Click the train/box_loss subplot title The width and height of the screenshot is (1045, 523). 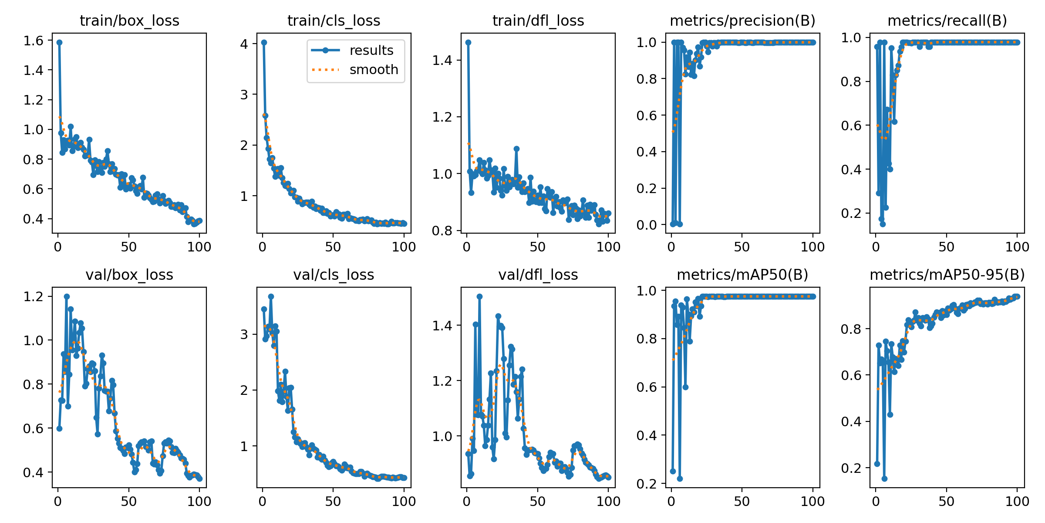[129, 20]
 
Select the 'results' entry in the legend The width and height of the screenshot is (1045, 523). [371, 51]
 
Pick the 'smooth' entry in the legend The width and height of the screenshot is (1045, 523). [374, 70]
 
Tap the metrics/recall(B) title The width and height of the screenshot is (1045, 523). [947, 20]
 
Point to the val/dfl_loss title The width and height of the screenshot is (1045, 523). [538, 275]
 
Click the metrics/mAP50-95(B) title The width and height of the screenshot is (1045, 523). [947, 275]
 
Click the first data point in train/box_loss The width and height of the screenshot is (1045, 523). [59, 42]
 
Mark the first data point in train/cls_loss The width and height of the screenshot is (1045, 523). [264, 42]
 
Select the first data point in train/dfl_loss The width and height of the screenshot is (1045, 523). [469, 42]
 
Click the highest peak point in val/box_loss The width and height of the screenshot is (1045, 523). [67, 296]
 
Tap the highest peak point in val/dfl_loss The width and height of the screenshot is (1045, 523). [479, 296]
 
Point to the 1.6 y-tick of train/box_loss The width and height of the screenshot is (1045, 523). [34, 41]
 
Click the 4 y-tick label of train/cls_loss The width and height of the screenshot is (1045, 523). [244, 44]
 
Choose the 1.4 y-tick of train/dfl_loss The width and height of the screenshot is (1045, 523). [442, 60]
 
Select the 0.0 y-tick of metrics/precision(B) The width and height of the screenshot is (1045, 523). [647, 225]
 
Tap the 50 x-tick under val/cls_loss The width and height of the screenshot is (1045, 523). [333, 501]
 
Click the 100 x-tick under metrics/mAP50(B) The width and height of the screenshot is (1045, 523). [813, 501]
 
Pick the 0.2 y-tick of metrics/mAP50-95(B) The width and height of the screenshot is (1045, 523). [851, 468]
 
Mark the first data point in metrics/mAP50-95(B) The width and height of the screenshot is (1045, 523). [877, 464]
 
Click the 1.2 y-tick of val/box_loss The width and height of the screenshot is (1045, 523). [34, 296]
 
